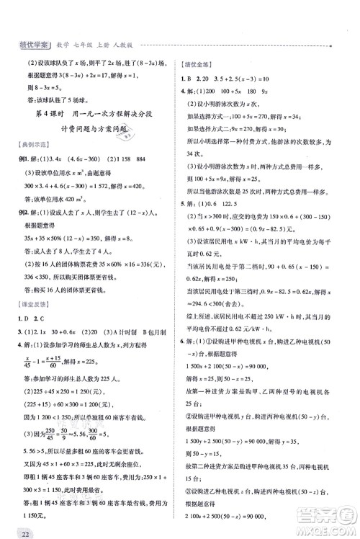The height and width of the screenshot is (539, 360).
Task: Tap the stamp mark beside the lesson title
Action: (x=130, y=130)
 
